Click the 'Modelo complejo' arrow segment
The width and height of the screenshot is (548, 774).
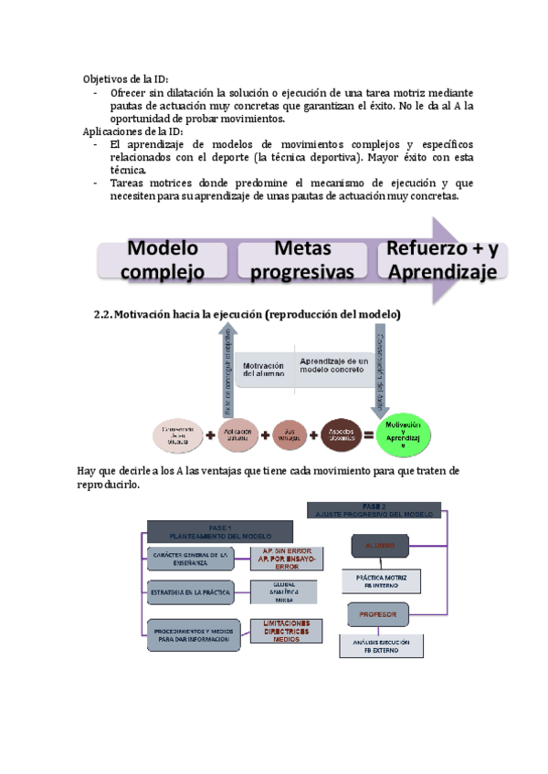coord(163,259)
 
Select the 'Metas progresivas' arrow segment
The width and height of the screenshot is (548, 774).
coord(301,259)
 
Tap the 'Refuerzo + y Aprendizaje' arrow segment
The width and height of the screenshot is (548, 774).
coord(441,259)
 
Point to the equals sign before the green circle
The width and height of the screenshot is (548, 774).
coord(367,435)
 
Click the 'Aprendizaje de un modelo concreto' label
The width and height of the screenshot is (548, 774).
coord(334,364)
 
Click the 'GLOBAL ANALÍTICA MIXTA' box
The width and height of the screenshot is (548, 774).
coord(283,592)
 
